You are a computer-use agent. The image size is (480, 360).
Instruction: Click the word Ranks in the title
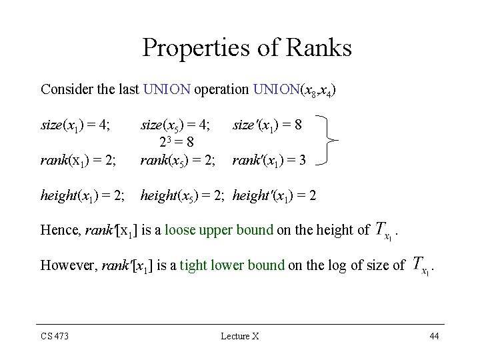pyautogui.click(x=317, y=47)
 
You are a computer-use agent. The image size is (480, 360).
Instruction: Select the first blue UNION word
pyautogui.click(x=167, y=89)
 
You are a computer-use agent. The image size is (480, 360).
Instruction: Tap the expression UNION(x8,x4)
pyautogui.click(x=294, y=89)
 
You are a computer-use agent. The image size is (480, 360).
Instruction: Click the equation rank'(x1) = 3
pyautogui.click(x=269, y=160)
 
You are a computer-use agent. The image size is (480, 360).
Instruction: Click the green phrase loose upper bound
pyautogui.click(x=219, y=230)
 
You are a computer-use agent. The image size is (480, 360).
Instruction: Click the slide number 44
pyautogui.click(x=434, y=336)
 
